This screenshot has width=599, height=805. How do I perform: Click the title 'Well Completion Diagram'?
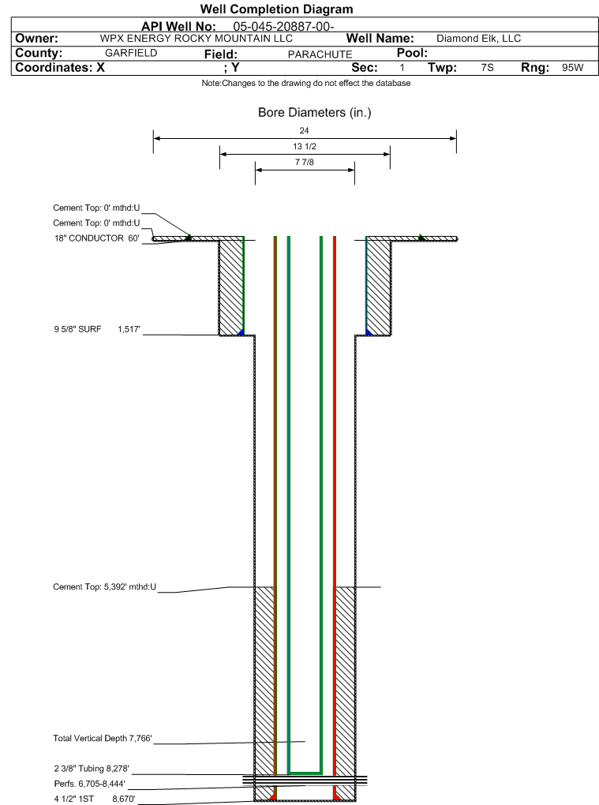[x=276, y=9]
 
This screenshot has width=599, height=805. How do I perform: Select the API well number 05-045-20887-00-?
[x=284, y=27]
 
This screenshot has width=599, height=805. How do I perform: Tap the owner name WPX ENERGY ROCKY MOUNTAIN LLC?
[x=196, y=39]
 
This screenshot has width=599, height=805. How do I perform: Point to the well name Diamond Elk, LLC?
[x=478, y=39]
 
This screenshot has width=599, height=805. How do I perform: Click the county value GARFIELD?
[x=131, y=53]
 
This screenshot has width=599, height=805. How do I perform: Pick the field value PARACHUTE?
[x=320, y=54]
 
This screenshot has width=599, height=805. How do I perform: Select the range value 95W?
[x=572, y=68]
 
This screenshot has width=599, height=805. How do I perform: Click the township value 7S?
[x=487, y=68]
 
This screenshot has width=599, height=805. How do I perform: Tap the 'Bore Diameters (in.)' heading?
[x=314, y=112]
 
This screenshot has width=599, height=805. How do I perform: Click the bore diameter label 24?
[x=304, y=131]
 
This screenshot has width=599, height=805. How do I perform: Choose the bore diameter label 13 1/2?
[x=305, y=146]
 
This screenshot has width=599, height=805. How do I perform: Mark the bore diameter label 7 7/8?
[x=305, y=163]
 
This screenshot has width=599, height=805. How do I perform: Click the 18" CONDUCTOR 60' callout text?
[x=97, y=238]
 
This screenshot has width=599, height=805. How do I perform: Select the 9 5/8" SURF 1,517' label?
[x=97, y=329]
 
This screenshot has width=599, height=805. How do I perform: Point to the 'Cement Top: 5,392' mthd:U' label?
[x=105, y=587]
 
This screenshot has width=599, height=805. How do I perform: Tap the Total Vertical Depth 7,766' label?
[x=103, y=738]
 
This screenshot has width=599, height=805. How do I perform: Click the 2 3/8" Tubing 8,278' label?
[x=92, y=769]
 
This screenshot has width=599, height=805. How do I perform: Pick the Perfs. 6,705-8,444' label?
[x=89, y=784]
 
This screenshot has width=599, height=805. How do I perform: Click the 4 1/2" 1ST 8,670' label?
[x=95, y=799]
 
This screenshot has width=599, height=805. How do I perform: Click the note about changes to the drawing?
[x=306, y=83]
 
